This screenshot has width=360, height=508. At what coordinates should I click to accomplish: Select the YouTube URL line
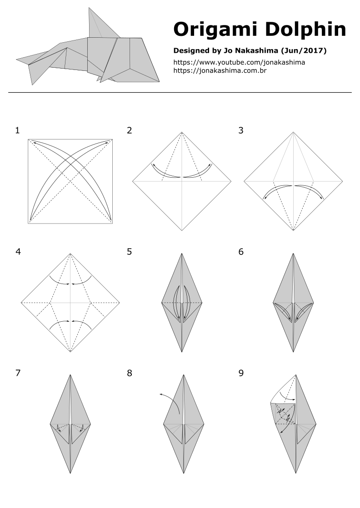[x=239, y=63]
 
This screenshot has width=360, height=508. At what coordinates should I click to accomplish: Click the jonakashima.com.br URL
[x=220, y=70]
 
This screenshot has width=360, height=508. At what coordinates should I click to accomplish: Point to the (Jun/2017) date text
[x=304, y=50]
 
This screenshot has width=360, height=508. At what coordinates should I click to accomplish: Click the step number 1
[x=17, y=130]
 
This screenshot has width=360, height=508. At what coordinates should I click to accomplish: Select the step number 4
[x=18, y=252]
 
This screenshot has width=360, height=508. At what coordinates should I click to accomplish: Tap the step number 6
[x=241, y=252]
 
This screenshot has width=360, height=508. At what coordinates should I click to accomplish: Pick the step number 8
[x=129, y=373]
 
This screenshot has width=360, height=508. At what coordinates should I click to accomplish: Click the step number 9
[x=241, y=373]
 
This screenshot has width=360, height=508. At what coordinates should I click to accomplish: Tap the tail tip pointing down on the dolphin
[x=32, y=85]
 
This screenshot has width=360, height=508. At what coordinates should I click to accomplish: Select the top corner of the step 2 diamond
[x=182, y=132]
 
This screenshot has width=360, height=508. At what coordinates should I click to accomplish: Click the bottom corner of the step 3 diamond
[x=293, y=230]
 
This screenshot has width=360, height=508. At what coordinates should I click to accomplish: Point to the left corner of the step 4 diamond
[x=21, y=303]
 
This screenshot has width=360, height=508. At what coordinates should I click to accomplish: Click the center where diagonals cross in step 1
[x=70, y=181]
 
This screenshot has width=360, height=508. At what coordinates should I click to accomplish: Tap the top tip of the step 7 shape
[x=70, y=375]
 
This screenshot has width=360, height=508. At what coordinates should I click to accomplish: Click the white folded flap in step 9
[x=282, y=393]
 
